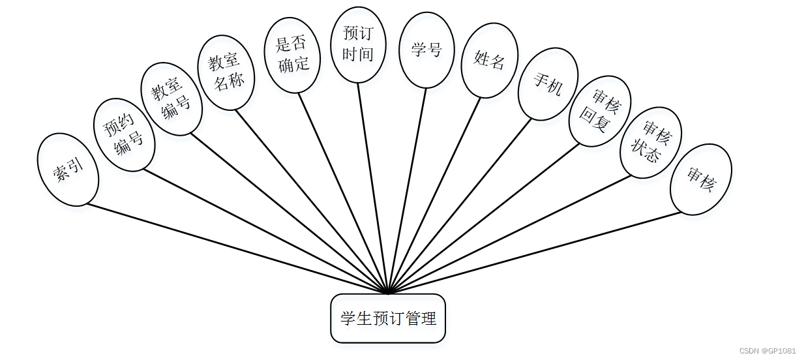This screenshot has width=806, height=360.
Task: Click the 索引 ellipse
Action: pyautogui.click(x=68, y=170)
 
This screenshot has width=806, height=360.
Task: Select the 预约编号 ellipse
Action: pyautogui.click(x=125, y=135)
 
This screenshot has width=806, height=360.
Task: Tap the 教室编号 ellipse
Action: pyautogui.click(x=172, y=98)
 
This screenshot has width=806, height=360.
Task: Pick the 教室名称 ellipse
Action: pyautogui.click(x=226, y=72)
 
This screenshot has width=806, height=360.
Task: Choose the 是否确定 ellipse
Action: pyautogui.click(x=292, y=55)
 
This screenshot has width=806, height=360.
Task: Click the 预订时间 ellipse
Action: pyautogui.click(x=358, y=45)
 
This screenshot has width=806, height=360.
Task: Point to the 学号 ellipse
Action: pyautogui.click(x=426, y=50)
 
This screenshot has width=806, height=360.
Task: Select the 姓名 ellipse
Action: pyautogui.click(x=490, y=61)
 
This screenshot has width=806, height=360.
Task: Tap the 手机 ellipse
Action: pyautogui.click(x=548, y=83)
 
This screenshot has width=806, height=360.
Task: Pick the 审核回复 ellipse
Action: pyautogui.click(x=599, y=111)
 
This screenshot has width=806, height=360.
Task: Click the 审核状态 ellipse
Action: pyautogui.click(x=650, y=142)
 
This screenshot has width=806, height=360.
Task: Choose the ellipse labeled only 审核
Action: pyautogui.click(x=700, y=179)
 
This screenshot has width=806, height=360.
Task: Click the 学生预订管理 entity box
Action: pyautogui.click(x=388, y=318)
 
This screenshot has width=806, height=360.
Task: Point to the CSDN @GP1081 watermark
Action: pyautogui.click(x=768, y=350)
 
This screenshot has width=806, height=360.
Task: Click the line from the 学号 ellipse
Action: pyautogui.click(x=408, y=190)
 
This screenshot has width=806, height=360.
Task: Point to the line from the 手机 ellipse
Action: pyautogui.click(x=460, y=205)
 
